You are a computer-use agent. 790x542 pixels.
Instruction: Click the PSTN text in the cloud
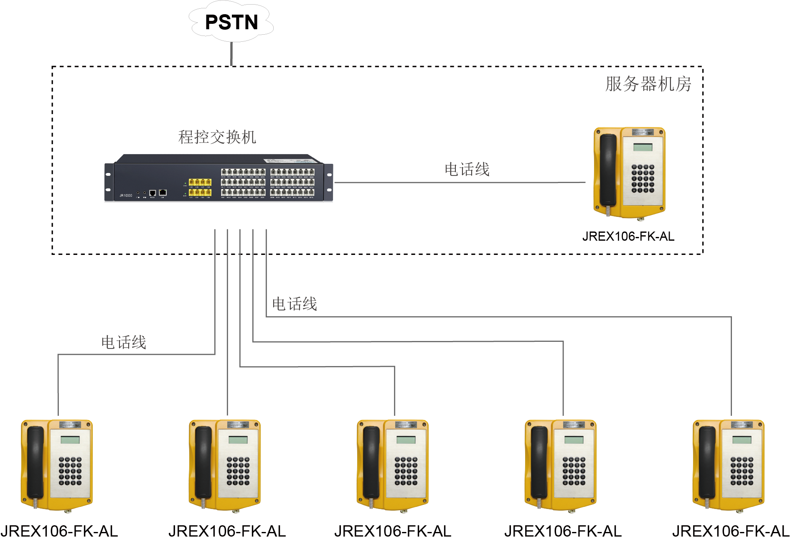231,22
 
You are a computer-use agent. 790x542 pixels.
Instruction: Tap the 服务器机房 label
648,84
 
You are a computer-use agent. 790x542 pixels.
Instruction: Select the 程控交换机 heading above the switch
217,137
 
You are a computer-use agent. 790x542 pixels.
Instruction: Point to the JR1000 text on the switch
126,196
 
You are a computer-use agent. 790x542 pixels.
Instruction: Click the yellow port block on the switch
200,187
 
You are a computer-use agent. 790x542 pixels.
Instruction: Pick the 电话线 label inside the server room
467,170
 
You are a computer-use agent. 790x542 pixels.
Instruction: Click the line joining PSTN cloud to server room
231,54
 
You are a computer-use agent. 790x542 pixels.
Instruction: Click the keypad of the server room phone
643,178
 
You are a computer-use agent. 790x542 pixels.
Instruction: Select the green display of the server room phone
643,147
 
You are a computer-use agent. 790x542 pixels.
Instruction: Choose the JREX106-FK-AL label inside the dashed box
628,237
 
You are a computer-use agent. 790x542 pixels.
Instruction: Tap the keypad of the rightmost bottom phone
742,471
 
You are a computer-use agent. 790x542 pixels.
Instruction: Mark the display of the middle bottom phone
406,440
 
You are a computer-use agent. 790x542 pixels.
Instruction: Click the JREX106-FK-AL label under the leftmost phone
59,531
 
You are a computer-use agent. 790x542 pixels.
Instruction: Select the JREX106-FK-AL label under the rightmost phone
731,531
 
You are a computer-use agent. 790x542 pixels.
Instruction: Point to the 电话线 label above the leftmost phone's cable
124,342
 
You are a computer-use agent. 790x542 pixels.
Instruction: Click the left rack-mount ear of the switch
109,182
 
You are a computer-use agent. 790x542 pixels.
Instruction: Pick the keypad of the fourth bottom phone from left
574,471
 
